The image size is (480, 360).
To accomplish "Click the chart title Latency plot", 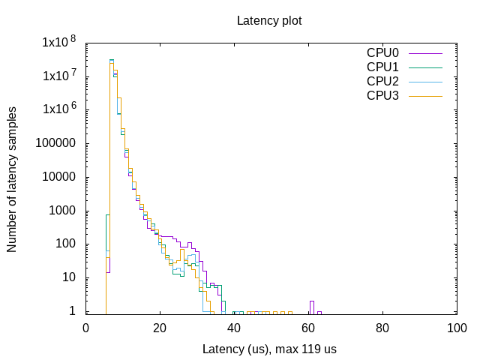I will pyautogui.click(x=269, y=20).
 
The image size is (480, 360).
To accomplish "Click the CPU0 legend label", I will pyautogui.click(x=382, y=53).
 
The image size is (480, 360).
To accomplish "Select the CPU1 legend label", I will pyautogui.click(x=382, y=67).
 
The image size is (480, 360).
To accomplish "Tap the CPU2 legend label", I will pyautogui.click(x=382, y=81).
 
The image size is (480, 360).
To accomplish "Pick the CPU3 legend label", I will pyautogui.click(x=382, y=95).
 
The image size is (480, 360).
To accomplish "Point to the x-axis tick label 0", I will pyautogui.click(x=85, y=328).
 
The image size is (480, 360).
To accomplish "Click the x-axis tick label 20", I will pyautogui.click(x=160, y=328).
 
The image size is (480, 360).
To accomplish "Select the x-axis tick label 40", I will pyautogui.click(x=234, y=328).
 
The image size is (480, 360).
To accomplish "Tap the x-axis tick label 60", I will pyautogui.click(x=308, y=328).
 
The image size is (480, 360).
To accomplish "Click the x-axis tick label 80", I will pyautogui.click(x=382, y=328).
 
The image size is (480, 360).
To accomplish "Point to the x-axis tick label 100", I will pyautogui.click(x=457, y=328).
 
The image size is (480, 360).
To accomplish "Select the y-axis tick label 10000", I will pyautogui.click(x=63, y=177).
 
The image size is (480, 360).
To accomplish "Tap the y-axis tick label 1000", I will pyautogui.click(x=66, y=211).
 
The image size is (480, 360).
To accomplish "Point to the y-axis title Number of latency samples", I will pyautogui.click(x=13, y=178).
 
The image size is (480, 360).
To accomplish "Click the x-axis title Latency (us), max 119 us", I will pyautogui.click(x=269, y=349).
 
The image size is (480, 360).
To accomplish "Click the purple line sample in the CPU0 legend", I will pyautogui.click(x=425, y=54).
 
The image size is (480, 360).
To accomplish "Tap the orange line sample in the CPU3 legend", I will pyautogui.click(x=425, y=96).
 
